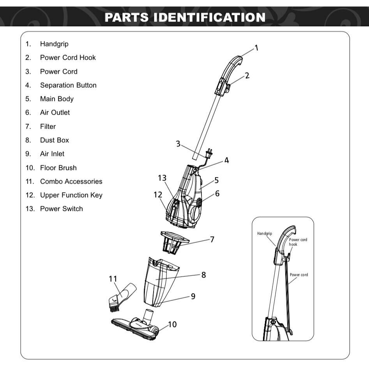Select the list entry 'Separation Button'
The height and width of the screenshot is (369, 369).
68,85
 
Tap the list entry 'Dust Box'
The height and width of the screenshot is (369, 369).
54,140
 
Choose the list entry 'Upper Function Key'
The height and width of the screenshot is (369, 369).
71,195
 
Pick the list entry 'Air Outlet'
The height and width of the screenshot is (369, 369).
55,113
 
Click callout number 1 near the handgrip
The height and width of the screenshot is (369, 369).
256,48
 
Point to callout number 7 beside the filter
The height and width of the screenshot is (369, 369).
212,239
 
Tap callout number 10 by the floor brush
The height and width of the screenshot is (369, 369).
172,324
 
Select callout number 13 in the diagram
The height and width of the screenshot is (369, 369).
162,178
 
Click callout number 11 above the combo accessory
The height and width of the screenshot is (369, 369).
113,279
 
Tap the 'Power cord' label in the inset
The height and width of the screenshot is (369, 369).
298,275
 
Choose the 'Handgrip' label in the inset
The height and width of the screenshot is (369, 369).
265,233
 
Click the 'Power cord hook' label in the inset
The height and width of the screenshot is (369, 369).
298,242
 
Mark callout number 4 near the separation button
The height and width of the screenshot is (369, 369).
226,160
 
